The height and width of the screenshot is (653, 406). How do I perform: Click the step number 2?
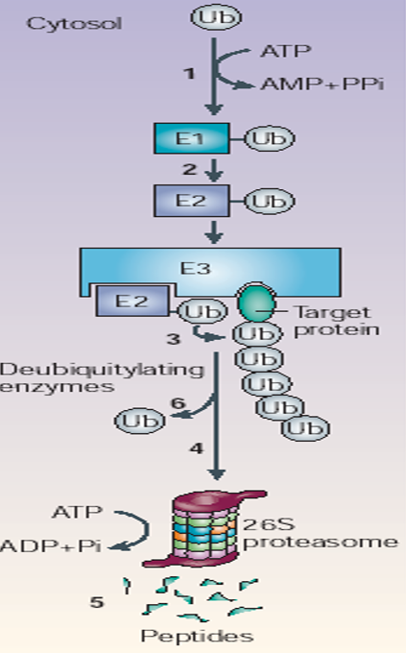tap(190, 170)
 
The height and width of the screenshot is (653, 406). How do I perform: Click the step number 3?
tap(173, 338)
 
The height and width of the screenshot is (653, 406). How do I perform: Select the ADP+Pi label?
tap(60, 545)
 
